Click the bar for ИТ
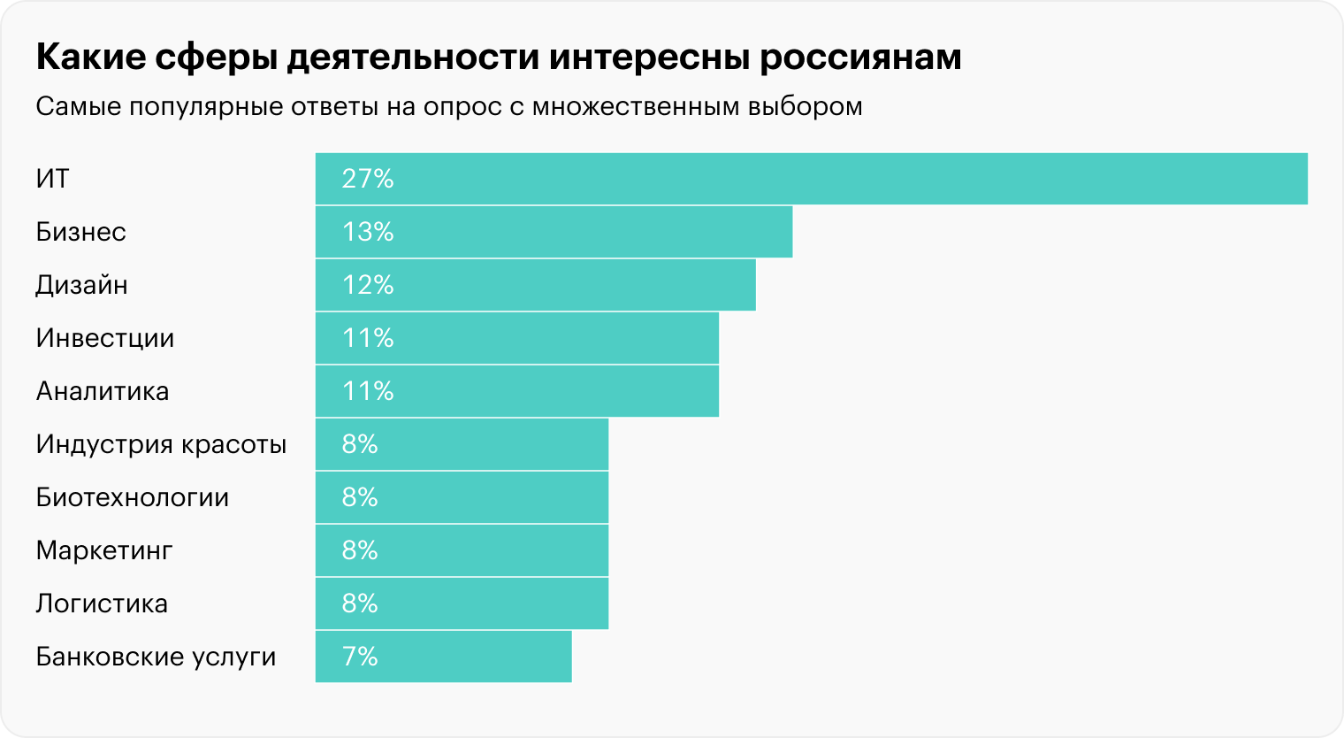click(811, 179)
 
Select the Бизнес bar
click(554, 232)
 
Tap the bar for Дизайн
click(535, 285)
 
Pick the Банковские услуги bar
click(443, 657)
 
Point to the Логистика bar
click(462, 603)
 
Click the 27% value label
click(368, 179)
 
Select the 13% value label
click(368, 232)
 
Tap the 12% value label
click(368, 285)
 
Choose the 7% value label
click(360, 657)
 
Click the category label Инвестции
click(105, 338)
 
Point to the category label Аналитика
click(103, 391)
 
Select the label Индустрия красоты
click(161, 444)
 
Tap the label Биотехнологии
click(133, 497)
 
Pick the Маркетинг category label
click(104, 550)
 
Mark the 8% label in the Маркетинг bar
click(360, 550)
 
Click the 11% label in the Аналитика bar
click(368, 391)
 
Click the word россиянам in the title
click(860, 58)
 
